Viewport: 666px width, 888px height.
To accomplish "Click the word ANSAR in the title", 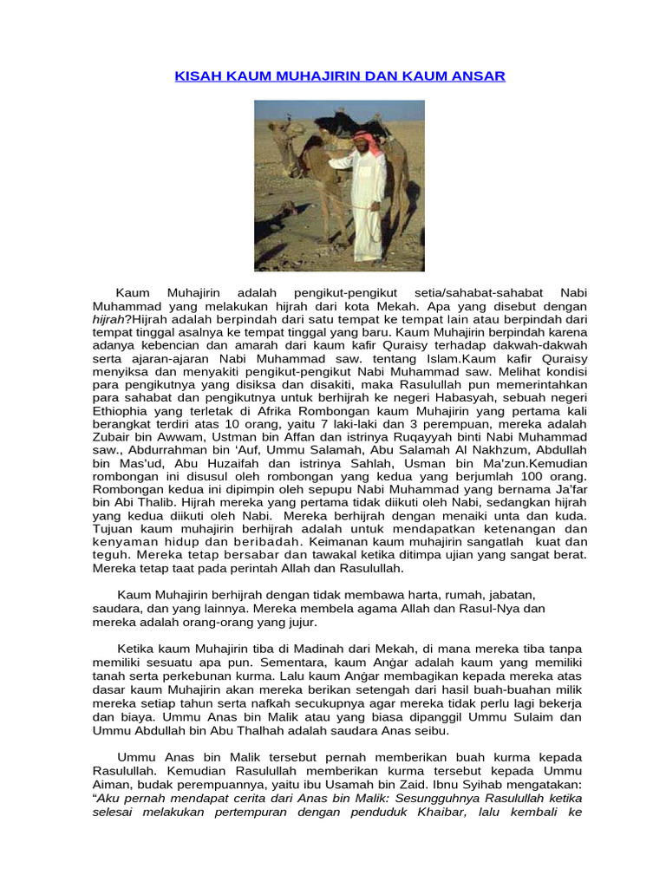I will (480, 76).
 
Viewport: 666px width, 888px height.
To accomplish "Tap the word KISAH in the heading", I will (198, 76).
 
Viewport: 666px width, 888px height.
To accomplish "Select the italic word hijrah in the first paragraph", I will (110, 319).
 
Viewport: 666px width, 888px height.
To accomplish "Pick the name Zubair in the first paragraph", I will (114, 439).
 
